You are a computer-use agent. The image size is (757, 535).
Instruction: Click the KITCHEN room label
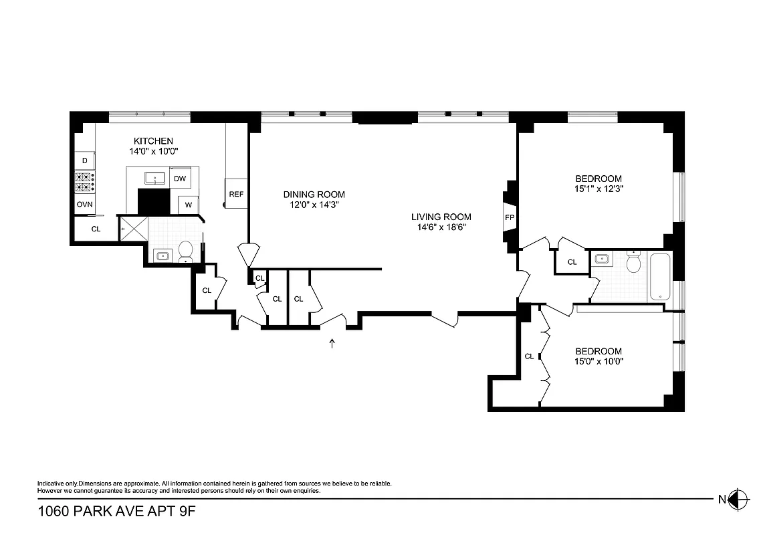coord(153,141)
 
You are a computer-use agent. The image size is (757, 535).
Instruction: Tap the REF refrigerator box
coord(236,194)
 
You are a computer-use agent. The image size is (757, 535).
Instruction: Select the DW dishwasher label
coord(180,179)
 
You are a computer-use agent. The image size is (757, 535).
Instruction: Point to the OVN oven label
coord(84,204)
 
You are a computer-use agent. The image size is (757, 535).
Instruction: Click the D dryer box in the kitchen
coord(84,160)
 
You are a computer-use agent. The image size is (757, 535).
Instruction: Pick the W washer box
coord(189,205)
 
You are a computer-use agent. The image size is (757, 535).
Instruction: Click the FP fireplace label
coord(510,217)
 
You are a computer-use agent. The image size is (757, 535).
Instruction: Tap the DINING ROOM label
coord(314,195)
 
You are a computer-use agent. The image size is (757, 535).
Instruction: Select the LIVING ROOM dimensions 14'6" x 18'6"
coord(441,227)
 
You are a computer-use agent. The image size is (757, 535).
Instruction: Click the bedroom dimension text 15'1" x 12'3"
coord(599,189)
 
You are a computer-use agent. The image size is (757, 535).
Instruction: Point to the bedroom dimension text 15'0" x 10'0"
coord(599,361)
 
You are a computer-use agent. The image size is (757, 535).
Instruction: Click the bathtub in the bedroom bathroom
coord(660,276)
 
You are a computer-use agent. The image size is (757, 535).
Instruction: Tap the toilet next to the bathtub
coord(633,263)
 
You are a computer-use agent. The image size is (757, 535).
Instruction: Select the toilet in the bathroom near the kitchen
coord(185,252)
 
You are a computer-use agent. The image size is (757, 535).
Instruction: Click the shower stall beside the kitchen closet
coord(132,229)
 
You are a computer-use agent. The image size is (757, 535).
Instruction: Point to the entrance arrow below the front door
coord(332,344)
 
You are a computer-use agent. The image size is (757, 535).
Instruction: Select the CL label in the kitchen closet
coord(96,229)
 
